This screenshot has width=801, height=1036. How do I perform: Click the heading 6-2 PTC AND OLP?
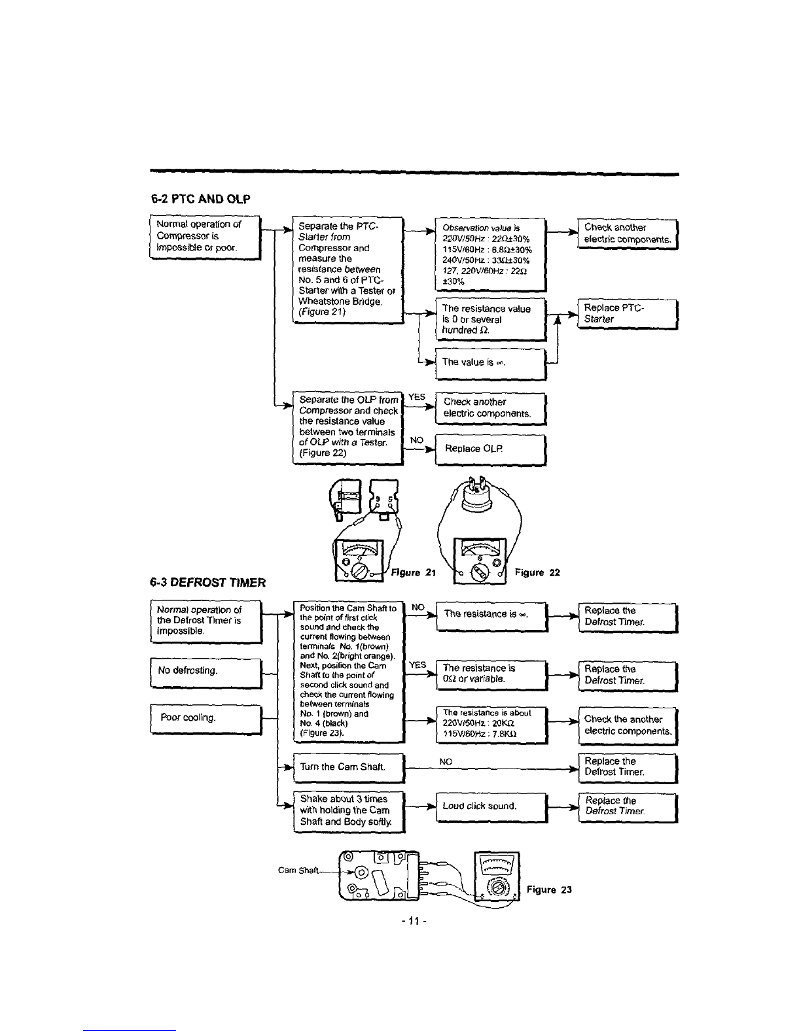coord(200,199)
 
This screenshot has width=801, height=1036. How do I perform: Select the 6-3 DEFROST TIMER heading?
coord(207,582)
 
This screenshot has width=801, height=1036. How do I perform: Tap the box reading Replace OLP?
coord(490,449)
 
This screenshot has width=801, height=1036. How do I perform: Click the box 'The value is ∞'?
coord(490,364)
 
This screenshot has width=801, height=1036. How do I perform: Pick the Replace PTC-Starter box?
coord(628,314)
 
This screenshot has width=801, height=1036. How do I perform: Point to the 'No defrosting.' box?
coord(206,673)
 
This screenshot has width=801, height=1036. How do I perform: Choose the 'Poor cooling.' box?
coord(206,719)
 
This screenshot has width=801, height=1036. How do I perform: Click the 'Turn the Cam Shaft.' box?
coord(349,768)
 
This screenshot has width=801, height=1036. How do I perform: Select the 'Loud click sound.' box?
coord(492,808)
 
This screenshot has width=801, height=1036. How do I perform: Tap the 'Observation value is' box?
coord(490,254)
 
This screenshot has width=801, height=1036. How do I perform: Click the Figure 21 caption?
coord(414,572)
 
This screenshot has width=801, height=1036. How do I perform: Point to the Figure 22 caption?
coord(537,572)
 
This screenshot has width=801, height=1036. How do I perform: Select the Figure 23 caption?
coord(549,889)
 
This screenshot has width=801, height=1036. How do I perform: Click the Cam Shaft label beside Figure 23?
coord(298,870)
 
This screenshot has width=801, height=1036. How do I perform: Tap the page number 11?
coord(414,921)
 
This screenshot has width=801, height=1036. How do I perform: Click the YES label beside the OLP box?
coord(416,397)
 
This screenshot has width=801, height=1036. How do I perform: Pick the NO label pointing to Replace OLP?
coord(416,440)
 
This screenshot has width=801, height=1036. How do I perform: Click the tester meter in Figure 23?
coord(497,876)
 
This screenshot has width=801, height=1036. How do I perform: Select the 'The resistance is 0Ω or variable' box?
coord(492,675)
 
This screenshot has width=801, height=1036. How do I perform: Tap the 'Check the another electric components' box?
coord(628,725)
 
